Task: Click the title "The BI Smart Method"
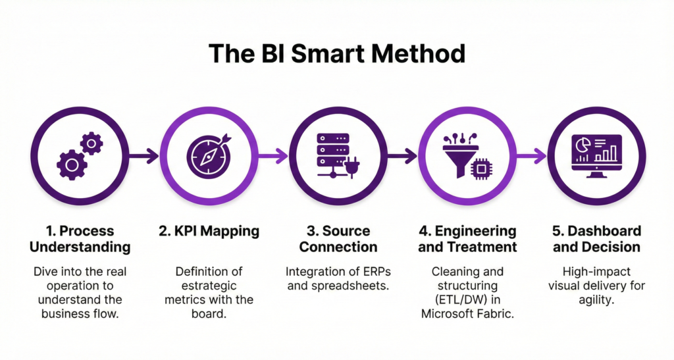pyautogui.click(x=336, y=53)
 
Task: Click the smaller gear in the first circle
pyautogui.click(x=91, y=143)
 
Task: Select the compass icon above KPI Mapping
pyautogui.click(x=208, y=156)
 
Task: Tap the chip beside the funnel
pyautogui.click(x=482, y=168)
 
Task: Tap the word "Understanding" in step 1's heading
pyautogui.click(x=80, y=247)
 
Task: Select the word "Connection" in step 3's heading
pyautogui.click(x=336, y=247)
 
